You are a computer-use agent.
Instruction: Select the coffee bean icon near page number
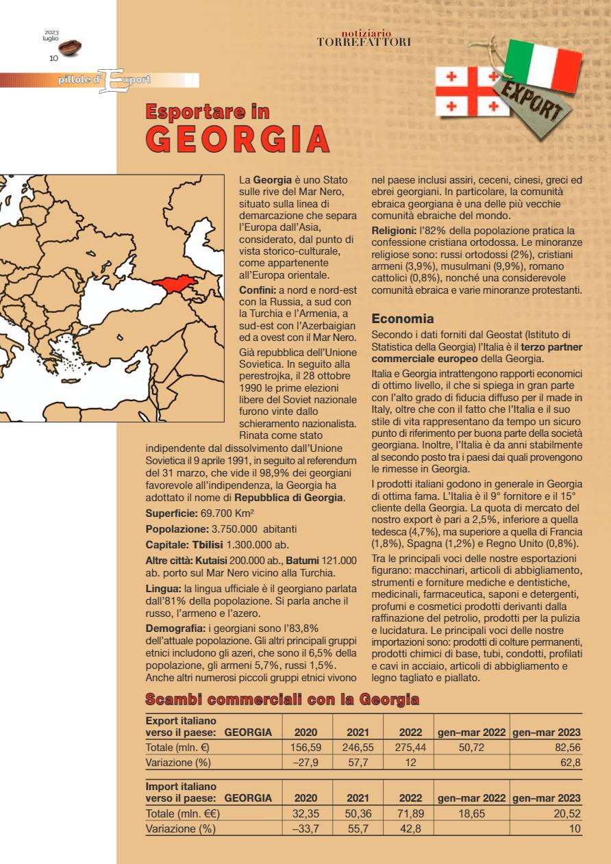(70, 47)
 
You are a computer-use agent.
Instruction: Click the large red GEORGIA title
(238, 138)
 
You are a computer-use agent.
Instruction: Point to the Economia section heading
(402, 318)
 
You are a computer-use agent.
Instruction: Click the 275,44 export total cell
(410, 748)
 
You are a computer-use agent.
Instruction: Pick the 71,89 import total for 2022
(410, 813)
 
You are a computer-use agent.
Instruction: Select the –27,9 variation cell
(305, 763)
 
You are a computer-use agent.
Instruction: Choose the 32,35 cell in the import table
(305, 813)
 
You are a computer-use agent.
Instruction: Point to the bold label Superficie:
(171, 513)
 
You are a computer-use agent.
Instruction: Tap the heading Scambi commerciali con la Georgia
(282, 699)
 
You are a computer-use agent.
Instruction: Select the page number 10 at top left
(53, 58)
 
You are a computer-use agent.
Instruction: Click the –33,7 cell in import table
(305, 828)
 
